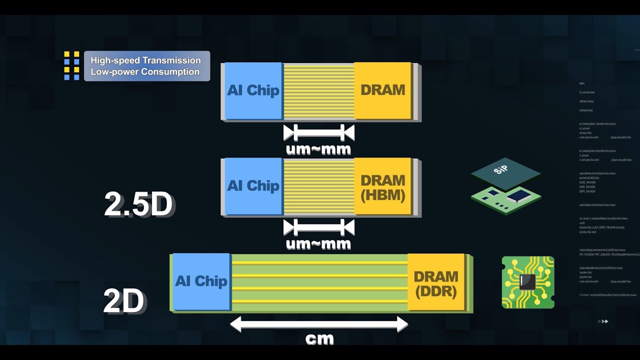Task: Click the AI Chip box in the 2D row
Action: click(x=200, y=281)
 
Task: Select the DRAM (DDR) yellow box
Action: click(x=436, y=283)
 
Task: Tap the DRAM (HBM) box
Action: click(x=382, y=187)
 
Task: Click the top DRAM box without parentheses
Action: click(x=382, y=90)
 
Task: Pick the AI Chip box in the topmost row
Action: click(x=253, y=90)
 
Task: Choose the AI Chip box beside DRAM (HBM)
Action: click(x=253, y=186)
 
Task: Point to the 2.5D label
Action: click(x=138, y=204)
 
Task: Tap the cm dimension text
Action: click(x=319, y=338)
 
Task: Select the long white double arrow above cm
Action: click(x=319, y=324)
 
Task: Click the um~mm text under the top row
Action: click(x=318, y=149)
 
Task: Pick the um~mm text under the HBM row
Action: click(x=318, y=244)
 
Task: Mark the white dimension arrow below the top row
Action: click(x=319, y=133)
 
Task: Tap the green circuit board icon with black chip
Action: click(x=528, y=282)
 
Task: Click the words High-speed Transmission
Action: click(x=145, y=60)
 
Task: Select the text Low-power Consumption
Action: click(x=145, y=71)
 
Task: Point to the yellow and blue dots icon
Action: click(x=71, y=65)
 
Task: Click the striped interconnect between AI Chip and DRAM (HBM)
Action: click(x=318, y=187)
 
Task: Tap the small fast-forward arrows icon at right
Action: click(x=603, y=321)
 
